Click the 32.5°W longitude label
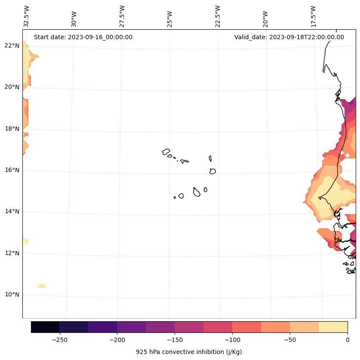[27, 16]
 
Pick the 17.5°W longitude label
[314, 16]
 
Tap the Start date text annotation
[83, 37]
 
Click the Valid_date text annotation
[289, 37]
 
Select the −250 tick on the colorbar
[59, 340]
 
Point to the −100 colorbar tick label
[232, 340]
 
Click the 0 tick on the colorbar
[348, 340]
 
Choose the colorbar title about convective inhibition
[189, 352]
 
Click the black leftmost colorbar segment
[45, 327]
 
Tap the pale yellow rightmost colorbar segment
[333, 327]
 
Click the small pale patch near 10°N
[41, 286]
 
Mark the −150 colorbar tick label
[175, 340]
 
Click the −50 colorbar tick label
[290, 340]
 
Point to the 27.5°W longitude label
[122, 16]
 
